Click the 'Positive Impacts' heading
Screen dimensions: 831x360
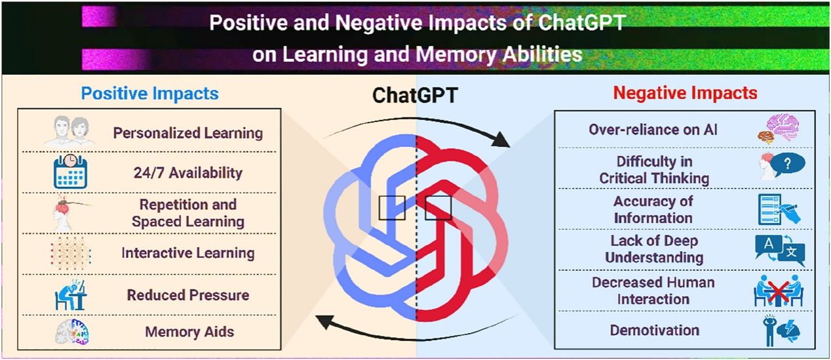(150, 93)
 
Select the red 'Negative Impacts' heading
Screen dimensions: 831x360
(686, 92)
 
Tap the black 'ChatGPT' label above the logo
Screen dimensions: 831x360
(415, 95)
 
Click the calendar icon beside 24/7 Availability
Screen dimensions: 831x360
(71, 171)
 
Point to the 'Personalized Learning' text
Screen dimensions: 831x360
(188, 133)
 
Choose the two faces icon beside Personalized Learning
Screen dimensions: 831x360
(70, 130)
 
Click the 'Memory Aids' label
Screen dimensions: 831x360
(189, 332)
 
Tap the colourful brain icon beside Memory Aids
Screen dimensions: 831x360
(72, 332)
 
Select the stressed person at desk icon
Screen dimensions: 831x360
(71, 295)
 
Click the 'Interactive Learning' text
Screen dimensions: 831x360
(188, 253)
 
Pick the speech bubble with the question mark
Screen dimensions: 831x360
(788, 164)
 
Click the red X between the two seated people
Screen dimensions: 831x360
(779, 292)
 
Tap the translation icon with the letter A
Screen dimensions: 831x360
(769, 246)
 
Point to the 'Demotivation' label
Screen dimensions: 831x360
(655, 330)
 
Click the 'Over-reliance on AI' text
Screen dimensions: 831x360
(653, 130)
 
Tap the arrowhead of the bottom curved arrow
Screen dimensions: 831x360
(325, 321)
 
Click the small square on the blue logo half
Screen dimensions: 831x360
(392, 208)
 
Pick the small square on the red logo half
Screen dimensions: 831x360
(438, 208)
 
